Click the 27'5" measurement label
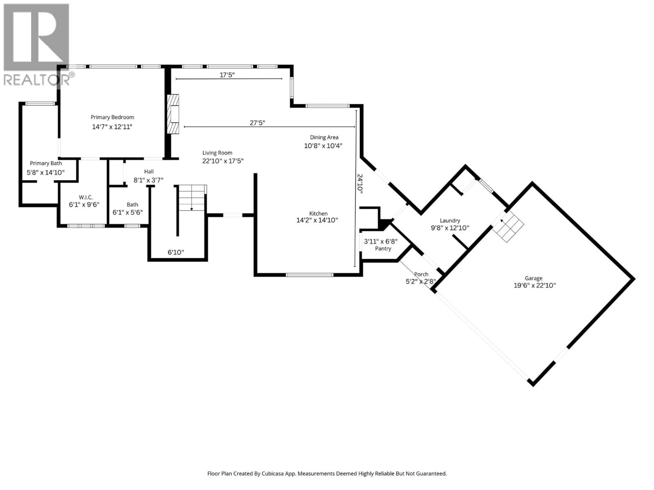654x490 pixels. click(257, 123)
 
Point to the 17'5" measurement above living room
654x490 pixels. click(227, 75)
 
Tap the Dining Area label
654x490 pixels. click(324, 137)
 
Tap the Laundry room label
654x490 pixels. click(450, 221)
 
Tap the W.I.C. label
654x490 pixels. click(85, 197)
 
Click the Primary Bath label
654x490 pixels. click(46, 163)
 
